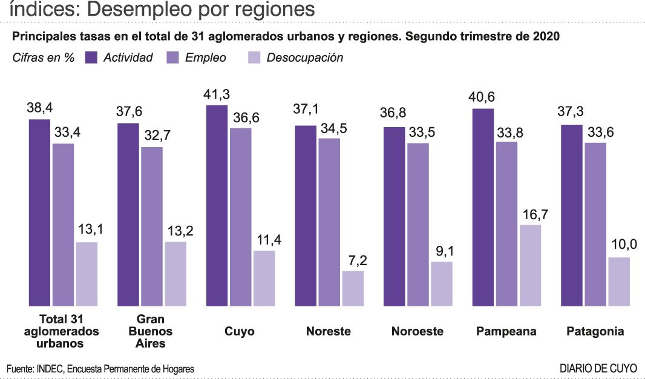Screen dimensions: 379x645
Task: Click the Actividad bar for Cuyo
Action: [217, 206]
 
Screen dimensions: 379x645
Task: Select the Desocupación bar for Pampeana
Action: [530, 265]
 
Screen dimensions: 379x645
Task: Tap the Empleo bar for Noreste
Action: [329, 222]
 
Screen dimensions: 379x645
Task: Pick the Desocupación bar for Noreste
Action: [353, 288]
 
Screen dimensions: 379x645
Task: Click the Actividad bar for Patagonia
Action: [572, 215]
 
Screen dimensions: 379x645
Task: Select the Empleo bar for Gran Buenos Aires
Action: [152, 226]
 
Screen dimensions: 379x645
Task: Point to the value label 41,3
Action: [217, 95]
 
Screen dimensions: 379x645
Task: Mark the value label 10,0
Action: [619, 247]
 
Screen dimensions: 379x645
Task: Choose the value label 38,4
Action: [40, 109]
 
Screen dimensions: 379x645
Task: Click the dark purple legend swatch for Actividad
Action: [91, 58]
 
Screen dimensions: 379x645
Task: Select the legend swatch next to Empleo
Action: [173, 58]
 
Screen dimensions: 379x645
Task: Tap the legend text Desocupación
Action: [304, 58]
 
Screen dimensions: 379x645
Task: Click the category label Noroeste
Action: [417, 331]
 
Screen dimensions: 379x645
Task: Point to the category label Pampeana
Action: [506, 331]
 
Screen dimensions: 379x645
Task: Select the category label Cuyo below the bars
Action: [240, 331]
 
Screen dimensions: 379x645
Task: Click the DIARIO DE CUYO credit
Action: [598, 367]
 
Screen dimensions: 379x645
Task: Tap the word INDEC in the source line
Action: [50, 368]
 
